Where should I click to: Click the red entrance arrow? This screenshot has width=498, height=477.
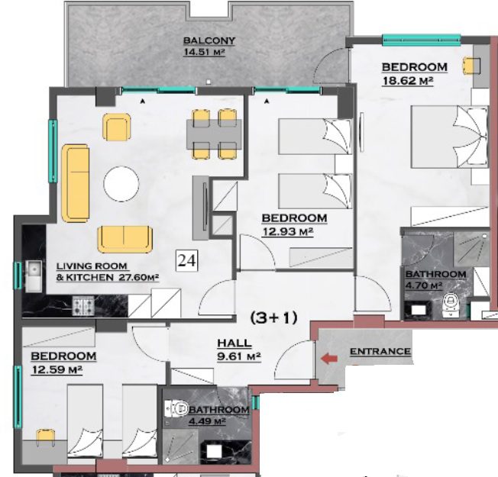pos(329,359)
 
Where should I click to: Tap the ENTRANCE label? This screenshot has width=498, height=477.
pos(380,351)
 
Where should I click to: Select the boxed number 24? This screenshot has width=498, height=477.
pos(187,260)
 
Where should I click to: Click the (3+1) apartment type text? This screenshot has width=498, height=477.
pos(273,317)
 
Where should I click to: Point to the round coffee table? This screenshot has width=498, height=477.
pos(121,184)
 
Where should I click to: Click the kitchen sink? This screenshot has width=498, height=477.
pos(34,276)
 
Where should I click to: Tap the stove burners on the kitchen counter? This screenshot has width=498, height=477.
pos(83,306)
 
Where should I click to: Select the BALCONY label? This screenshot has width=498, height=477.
pos(209,40)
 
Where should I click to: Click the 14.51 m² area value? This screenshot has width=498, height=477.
pos(205,52)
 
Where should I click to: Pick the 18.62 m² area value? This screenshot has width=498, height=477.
pos(408,81)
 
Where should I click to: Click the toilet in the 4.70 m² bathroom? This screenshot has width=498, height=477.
pos(450,305)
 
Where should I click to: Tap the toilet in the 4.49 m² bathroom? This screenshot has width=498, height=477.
pos(176,408)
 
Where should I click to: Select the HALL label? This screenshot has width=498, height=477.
pos(234,343)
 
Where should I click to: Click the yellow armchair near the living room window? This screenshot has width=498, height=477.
pos(117,127)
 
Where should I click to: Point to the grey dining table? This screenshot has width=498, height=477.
pos(214,134)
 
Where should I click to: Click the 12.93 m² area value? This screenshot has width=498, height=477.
pos(288,232)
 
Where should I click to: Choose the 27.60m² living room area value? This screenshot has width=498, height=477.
pos(139,277)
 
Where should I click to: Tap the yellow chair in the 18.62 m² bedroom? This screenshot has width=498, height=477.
pos(471,66)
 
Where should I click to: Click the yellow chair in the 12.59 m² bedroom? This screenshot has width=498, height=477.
pos(45,437)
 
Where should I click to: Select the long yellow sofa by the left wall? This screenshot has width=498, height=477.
pos(76,183)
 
